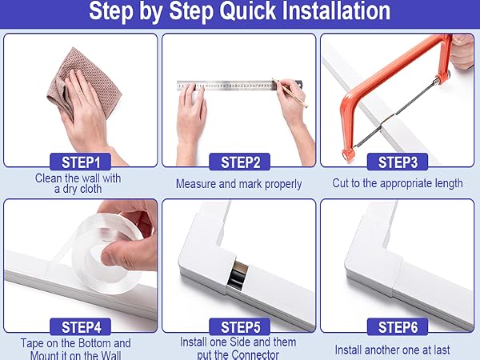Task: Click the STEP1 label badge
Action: (x=80, y=162)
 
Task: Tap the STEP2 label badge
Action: (x=240, y=162)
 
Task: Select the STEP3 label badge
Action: (x=398, y=162)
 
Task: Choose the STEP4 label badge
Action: (x=80, y=327)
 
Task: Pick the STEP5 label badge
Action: (x=240, y=327)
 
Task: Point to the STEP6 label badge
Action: (x=398, y=327)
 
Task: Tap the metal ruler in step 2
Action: (x=239, y=86)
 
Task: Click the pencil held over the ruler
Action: (x=290, y=93)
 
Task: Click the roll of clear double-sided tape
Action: (x=107, y=254)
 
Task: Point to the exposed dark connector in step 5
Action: (x=238, y=275)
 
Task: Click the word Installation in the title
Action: (x=336, y=11)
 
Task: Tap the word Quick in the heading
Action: (x=247, y=12)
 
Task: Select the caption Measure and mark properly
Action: (x=238, y=184)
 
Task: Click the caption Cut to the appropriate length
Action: (x=398, y=183)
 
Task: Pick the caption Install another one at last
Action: (x=393, y=350)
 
